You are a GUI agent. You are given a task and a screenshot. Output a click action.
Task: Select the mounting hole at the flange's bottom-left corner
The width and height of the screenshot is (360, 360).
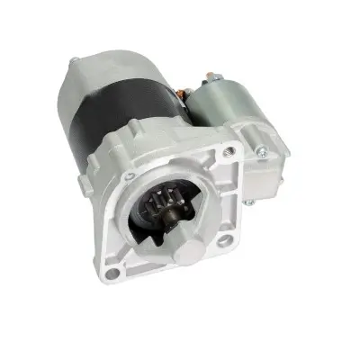click(111, 271)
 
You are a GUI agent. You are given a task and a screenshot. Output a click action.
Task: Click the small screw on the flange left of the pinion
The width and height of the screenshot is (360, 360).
click(130, 175)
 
